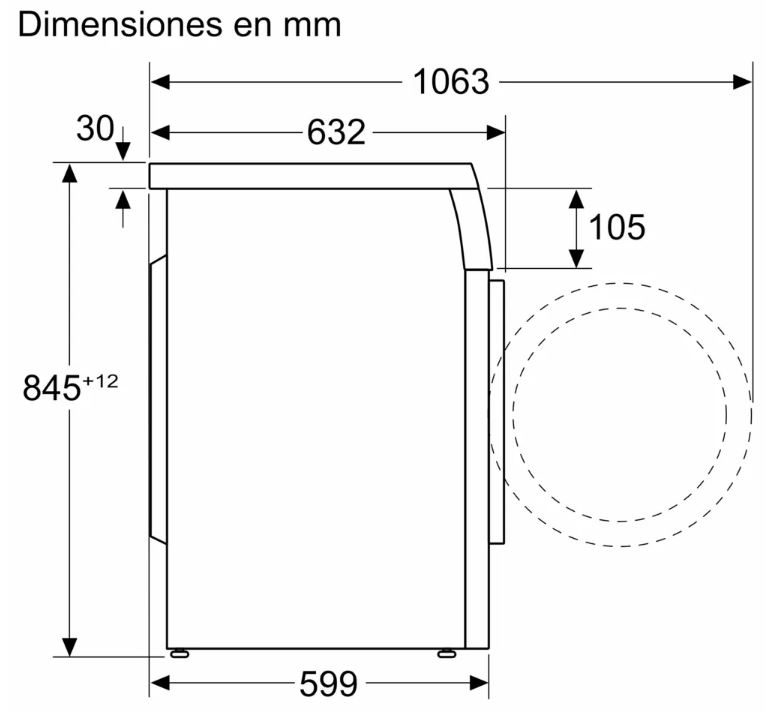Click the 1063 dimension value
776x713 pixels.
pyautogui.click(x=451, y=82)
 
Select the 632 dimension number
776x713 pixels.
pyautogui.click(x=336, y=133)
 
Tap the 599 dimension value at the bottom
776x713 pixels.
pyautogui.click(x=328, y=684)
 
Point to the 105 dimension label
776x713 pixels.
pyautogui.click(x=617, y=227)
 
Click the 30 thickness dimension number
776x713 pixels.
pyautogui.click(x=95, y=129)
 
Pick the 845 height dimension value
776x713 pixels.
pyautogui.click(x=51, y=387)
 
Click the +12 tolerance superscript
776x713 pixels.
pyautogui.click(x=100, y=381)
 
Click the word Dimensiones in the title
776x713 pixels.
pyautogui.click(x=120, y=25)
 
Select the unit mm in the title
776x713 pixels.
pyautogui.click(x=312, y=27)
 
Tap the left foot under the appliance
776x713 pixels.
pyautogui.click(x=180, y=654)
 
